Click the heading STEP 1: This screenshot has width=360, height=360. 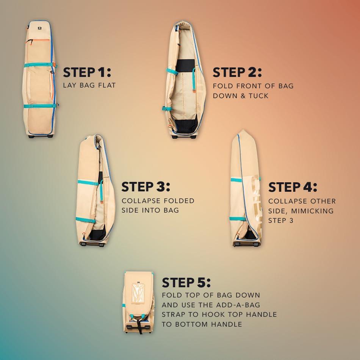[87, 72]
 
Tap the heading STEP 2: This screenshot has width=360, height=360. [237, 72]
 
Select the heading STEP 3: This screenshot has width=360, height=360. [146, 187]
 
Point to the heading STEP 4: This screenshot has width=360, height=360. [293, 187]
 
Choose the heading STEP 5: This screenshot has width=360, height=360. [186, 282]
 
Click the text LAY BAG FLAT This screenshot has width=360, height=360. [89, 85]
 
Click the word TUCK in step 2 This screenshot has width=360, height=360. [258, 96]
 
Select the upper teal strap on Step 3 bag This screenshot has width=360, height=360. [89, 183]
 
